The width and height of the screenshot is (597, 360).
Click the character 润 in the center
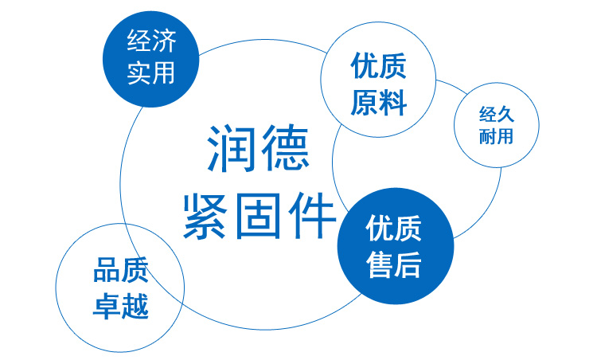pyautogui.click(x=230, y=148)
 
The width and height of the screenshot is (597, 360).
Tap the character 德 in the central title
pyautogui.click(x=285, y=148)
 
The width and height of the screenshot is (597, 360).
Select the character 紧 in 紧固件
pyautogui.click(x=205, y=216)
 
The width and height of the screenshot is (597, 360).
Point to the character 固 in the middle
pyautogui.click(x=258, y=216)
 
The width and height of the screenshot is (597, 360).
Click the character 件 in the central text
pyautogui.click(x=311, y=216)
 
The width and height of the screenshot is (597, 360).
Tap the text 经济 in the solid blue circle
pyautogui.click(x=151, y=41)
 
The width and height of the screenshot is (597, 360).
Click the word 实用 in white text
pyautogui.click(x=151, y=72)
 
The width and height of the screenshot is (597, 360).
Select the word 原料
pyautogui.click(x=378, y=103)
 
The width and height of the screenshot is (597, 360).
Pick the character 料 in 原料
pyautogui.click(x=393, y=103)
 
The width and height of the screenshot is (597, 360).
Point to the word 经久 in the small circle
pyautogui.click(x=497, y=114)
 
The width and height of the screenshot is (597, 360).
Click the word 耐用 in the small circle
pyautogui.click(x=497, y=136)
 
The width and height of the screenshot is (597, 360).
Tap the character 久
pyautogui.click(x=505, y=114)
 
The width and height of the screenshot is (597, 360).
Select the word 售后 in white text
pyautogui.click(x=393, y=264)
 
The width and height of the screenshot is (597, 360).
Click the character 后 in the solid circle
pyautogui.click(x=408, y=264)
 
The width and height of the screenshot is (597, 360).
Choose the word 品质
pyautogui.click(x=121, y=270)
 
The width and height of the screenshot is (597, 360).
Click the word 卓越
pyautogui.click(x=121, y=306)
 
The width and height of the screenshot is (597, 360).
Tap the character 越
pyautogui.click(x=135, y=306)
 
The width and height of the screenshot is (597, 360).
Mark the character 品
pyautogui.click(x=107, y=270)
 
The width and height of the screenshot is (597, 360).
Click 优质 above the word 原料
pyautogui.click(x=378, y=66)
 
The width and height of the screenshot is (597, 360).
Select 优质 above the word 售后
pyautogui.click(x=393, y=228)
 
